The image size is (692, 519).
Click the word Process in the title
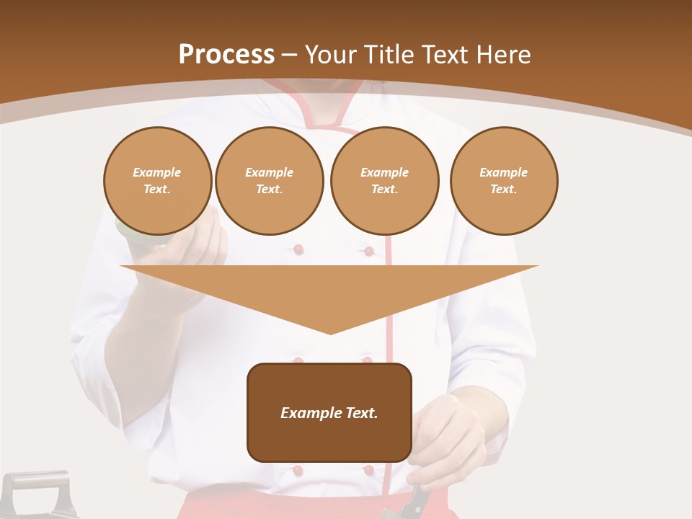[226, 55]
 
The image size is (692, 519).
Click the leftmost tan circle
[158, 181]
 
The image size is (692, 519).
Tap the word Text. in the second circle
[269, 190]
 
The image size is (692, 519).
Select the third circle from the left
[384, 181]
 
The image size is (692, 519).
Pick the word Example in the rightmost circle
[503, 172]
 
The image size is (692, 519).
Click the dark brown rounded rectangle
[329, 412]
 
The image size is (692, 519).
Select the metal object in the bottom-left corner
[40, 494]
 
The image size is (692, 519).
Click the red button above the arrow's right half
[369, 251]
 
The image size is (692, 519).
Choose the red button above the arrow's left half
[298, 249]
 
